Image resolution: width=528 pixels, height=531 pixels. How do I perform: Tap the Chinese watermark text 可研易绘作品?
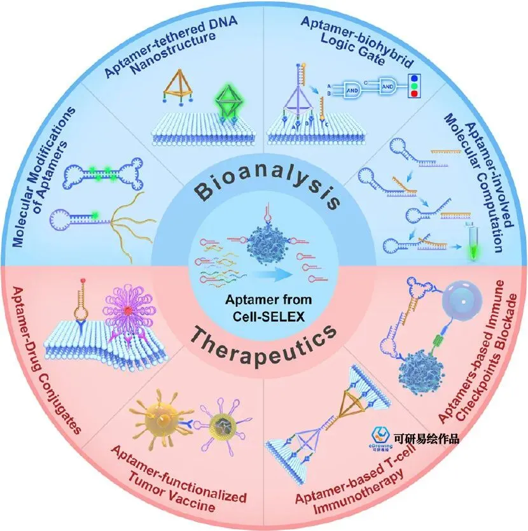coord(426,438)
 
